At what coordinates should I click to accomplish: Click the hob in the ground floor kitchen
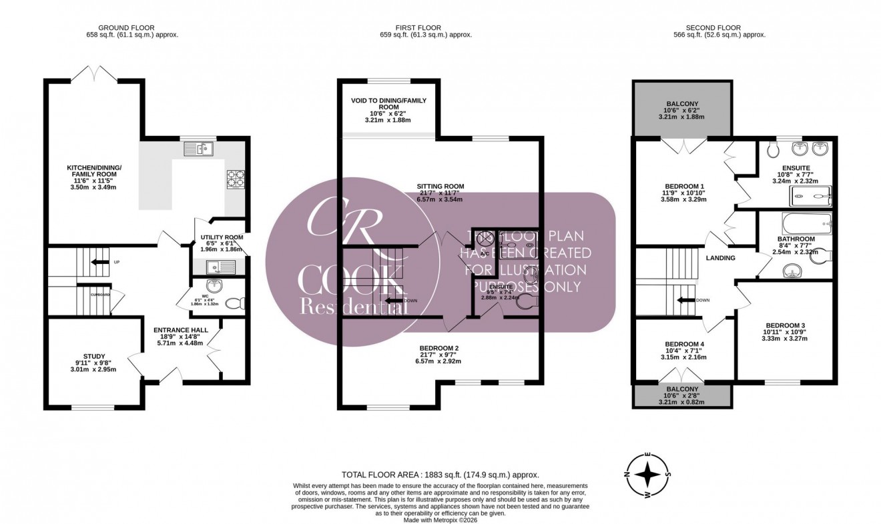pyautogui.click(x=236, y=179)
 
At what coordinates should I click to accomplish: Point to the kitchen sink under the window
pyautogui.click(x=198, y=149)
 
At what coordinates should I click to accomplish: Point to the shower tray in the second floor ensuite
pyautogui.click(x=811, y=195)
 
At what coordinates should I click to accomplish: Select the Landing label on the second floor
pyautogui.click(x=720, y=258)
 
